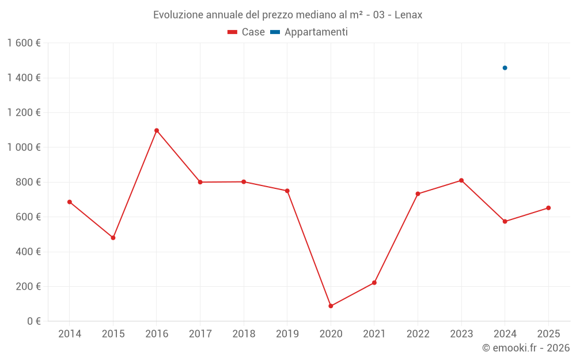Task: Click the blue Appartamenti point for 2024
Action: click(505, 68)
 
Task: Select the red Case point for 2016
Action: click(157, 130)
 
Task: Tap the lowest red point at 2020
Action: click(331, 306)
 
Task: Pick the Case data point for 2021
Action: click(374, 283)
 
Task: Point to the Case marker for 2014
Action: click(70, 202)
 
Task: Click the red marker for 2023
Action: click(461, 180)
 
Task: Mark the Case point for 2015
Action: click(113, 238)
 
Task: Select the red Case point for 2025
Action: click(548, 208)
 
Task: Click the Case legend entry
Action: click(247, 32)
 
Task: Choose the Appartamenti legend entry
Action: click(309, 32)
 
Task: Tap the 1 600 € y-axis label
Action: click(24, 43)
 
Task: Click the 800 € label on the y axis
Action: click(28, 182)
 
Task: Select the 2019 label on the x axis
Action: click(287, 334)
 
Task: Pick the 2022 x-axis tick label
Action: click(418, 334)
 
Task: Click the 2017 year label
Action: click(200, 334)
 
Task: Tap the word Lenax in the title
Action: click(408, 15)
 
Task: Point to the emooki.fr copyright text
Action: click(526, 348)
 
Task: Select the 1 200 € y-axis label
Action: click(24, 113)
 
